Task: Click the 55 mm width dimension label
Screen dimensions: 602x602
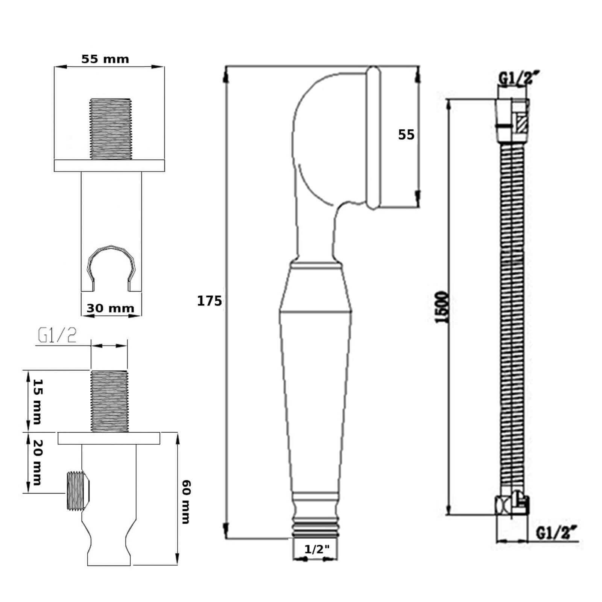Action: click(x=105, y=59)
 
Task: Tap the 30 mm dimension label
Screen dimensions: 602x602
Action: click(x=110, y=308)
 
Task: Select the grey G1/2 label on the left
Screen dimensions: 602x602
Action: click(x=57, y=336)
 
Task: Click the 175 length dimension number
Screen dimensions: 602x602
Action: click(x=210, y=301)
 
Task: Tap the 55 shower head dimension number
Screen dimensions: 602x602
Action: click(x=406, y=135)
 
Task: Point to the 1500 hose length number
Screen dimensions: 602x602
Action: click(x=442, y=307)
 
